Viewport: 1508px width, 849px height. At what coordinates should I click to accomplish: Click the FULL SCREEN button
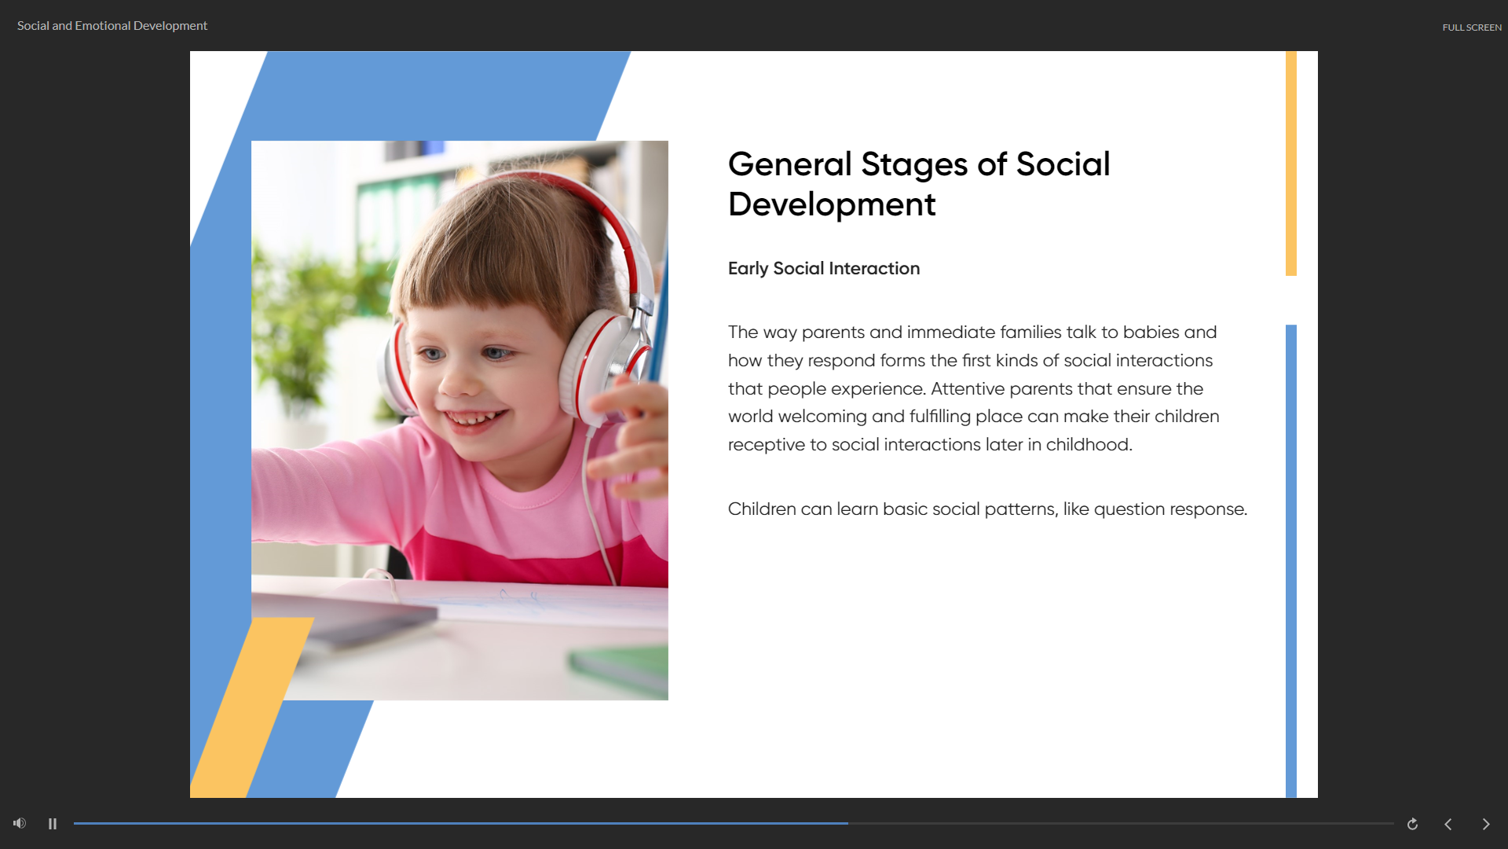1471,28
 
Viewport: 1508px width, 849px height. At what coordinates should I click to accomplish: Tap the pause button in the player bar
53,824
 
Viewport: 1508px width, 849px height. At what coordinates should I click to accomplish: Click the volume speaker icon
20,823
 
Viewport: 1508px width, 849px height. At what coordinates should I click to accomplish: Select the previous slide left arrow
1448,824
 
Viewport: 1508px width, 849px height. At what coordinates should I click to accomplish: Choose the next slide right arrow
1486,824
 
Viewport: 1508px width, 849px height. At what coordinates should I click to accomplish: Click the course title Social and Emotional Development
112,26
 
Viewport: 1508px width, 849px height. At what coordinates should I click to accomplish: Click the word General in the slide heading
790,164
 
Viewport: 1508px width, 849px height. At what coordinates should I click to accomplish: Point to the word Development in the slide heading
832,204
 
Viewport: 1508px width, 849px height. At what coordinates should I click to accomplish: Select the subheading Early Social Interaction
824,268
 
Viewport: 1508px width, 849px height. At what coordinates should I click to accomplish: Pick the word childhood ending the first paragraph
1089,444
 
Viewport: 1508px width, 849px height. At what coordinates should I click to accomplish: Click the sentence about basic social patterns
987,509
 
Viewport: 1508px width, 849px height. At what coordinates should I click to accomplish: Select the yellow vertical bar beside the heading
1291,164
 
